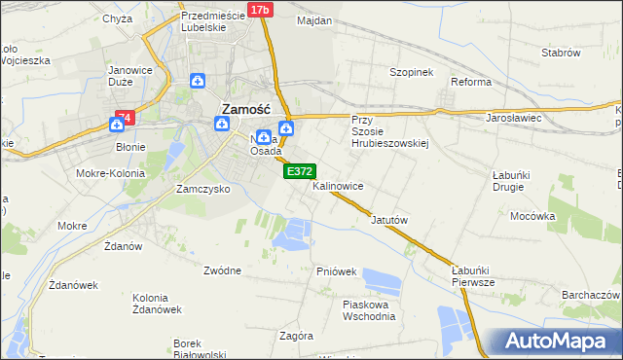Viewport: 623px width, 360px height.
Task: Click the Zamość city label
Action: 252,110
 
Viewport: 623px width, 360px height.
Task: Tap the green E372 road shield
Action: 299,171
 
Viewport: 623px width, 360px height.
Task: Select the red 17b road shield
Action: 259,10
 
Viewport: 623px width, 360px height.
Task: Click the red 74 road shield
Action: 123,119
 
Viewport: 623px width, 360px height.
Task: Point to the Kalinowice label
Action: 338,185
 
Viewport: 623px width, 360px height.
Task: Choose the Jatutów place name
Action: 387,220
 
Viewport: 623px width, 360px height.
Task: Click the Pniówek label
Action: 336,270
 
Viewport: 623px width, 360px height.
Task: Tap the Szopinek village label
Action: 411,73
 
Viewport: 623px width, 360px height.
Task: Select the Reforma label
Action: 471,82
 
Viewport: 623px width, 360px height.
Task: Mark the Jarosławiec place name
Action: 513,118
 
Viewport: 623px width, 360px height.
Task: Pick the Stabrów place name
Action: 561,53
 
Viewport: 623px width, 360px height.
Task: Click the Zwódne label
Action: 223,270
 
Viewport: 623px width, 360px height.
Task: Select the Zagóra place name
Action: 295,336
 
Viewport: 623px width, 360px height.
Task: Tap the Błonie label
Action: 130,147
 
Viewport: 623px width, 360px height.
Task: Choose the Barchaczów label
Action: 591,295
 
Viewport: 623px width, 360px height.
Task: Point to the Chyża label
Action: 116,18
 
